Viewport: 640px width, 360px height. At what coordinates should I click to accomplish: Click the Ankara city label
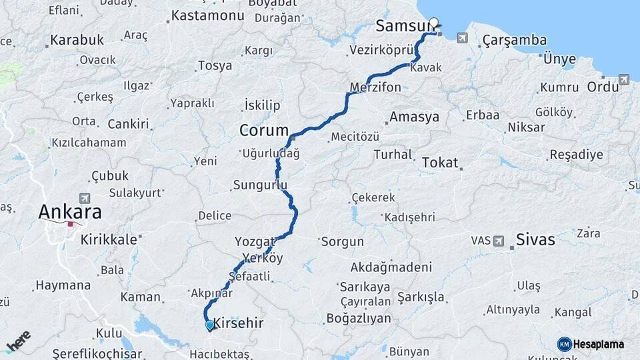pyautogui.click(x=70, y=212)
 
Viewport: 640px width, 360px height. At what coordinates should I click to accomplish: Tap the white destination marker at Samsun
pyautogui.click(x=435, y=23)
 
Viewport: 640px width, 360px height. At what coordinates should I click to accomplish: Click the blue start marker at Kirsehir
pyautogui.click(x=210, y=325)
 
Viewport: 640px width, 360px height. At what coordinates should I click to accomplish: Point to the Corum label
pyautogui.click(x=264, y=131)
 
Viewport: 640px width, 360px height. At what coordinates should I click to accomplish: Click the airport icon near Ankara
pyautogui.click(x=85, y=198)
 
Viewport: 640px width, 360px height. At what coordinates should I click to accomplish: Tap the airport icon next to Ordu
pyautogui.click(x=624, y=80)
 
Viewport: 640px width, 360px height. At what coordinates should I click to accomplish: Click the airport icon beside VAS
pyautogui.click(x=499, y=241)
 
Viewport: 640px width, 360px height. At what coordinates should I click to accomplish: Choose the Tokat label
pyautogui.click(x=441, y=162)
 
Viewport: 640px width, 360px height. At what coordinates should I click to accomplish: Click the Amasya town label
pyautogui.click(x=414, y=117)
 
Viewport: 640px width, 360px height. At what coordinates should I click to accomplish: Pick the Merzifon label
pyautogui.click(x=375, y=87)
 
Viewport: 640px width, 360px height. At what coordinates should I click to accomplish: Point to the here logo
pyautogui.click(x=18, y=341)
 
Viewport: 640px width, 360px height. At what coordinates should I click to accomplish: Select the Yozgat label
pyautogui.click(x=255, y=241)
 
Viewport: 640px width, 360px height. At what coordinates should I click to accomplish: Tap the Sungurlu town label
pyautogui.click(x=260, y=185)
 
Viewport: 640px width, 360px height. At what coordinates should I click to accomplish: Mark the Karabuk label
pyautogui.click(x=77, y=40)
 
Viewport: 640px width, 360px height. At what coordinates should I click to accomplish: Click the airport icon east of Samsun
pyautogui.click(x=462, y=38)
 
